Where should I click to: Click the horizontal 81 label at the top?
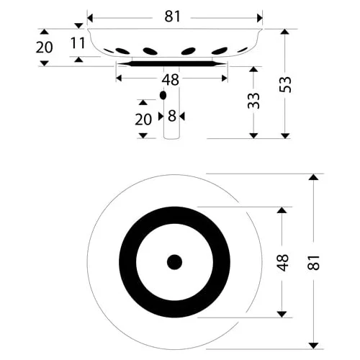point(172,17)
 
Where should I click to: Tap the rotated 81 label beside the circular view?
point(314,263)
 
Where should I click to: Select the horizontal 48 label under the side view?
point(170,80)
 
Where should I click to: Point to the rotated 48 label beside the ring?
point(282,263)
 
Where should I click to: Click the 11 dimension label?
point(78,43)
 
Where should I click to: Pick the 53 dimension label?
point(285,84)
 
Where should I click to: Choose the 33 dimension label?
point(253,101)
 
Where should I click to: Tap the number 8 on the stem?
point(172,116)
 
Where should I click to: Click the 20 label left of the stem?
point(143,120)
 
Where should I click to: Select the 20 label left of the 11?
point(44,48)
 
